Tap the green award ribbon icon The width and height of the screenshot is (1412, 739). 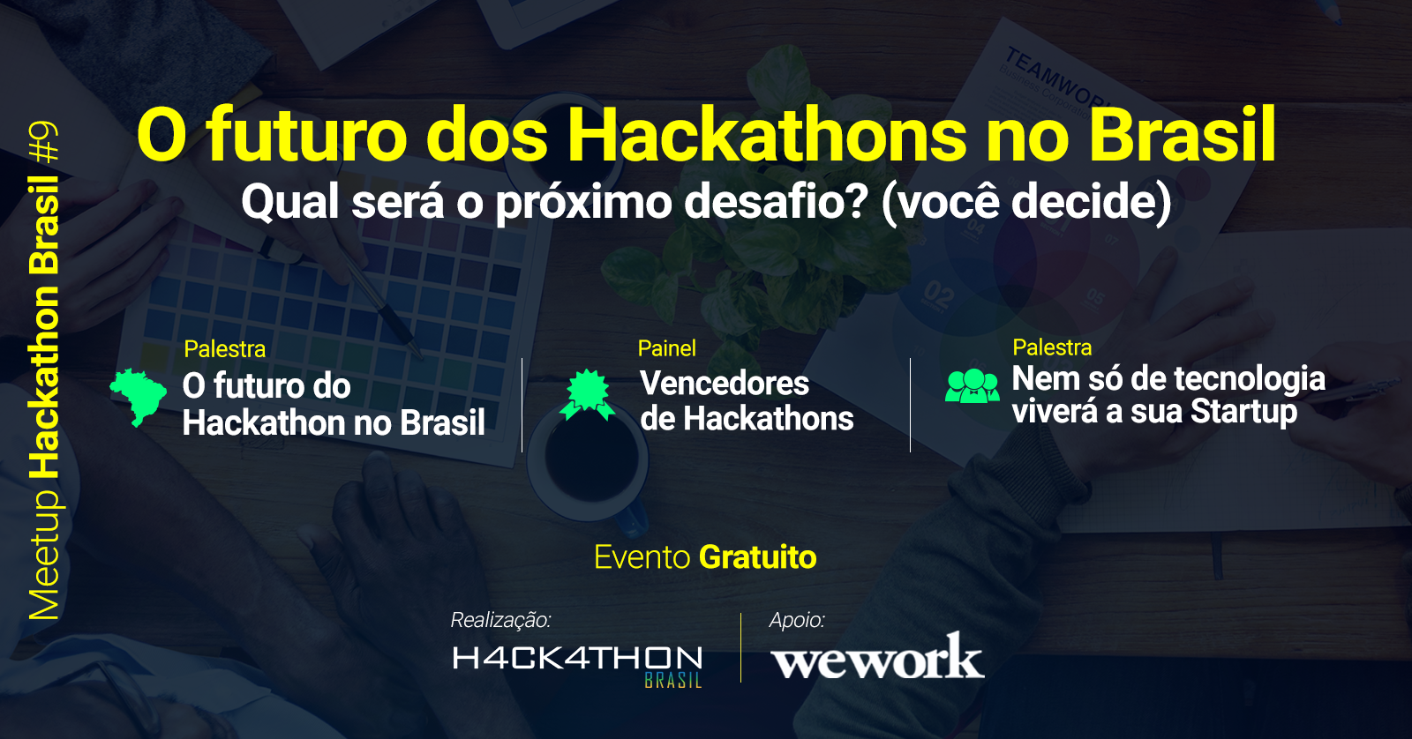[588, 395]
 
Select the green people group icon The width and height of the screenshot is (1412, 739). [972, 385]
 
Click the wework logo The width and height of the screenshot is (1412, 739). [877, 656]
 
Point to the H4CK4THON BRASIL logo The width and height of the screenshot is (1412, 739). [577, 665]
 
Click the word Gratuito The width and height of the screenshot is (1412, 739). [758, 557]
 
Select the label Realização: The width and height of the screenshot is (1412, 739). [500, 621]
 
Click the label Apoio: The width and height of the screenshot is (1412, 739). [797, 621]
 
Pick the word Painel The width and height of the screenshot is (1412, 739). [667, 348]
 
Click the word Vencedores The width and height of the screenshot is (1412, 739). [725, 383]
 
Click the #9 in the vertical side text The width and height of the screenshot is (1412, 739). [44, 142]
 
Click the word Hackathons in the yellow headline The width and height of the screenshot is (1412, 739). [767, 136]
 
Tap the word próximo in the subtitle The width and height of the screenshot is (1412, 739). [583, 204]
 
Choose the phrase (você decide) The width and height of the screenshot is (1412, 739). [1027, 202]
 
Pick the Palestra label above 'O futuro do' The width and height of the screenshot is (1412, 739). [225, 349]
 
